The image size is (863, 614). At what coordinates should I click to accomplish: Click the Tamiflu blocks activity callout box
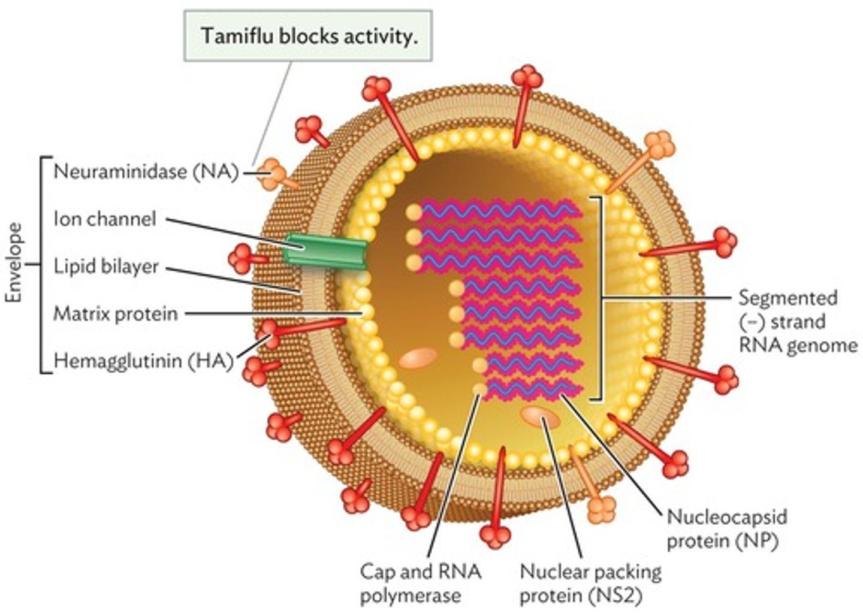pos(307,36)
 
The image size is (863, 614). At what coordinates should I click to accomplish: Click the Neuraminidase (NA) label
pos(146,172)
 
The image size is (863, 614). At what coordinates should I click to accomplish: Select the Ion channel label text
pos(105,219)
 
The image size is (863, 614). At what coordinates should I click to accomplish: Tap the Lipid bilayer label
pos(106,266)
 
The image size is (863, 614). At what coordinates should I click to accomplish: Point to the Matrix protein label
pos(115,313)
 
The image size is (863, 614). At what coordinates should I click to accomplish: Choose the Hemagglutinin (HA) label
pos(143,361)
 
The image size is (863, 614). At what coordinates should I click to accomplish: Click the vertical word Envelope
pos(14,264)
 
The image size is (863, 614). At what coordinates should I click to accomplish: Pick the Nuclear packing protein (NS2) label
pos(590,583)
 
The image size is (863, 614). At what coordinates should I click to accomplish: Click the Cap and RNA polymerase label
pos(420,583)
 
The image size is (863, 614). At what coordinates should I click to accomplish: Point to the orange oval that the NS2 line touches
pos(541,417)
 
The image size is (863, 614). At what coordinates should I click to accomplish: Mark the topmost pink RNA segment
pos(500,211)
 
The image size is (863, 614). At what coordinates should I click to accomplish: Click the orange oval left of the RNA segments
pos(418,358)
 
